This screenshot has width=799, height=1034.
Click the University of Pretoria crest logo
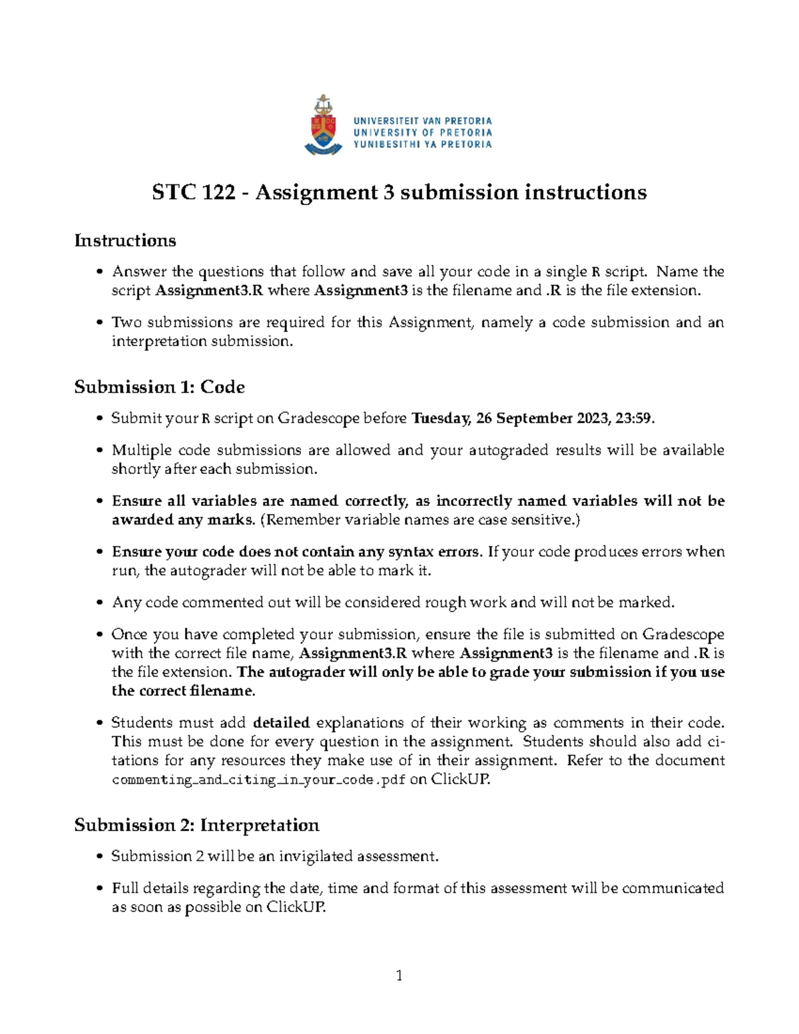[x=324, y=125]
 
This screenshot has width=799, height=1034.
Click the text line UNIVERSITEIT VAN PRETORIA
[x=422, y=121]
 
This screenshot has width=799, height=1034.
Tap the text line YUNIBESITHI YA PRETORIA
[x=422, y=144]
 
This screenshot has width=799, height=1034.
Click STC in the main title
[x=174, y=192]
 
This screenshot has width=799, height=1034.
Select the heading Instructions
[x=125, y=240]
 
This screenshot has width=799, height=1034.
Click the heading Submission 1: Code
[x=159, y=387]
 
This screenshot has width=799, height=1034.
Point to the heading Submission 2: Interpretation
[x=196, y=825]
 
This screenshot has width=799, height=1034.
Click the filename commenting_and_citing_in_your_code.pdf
[x=258, y=780]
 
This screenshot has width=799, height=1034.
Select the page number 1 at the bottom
[x=399, y=975]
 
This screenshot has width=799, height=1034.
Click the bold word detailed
[x=282, y=722]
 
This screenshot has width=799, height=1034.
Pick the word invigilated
[x=316, y=856]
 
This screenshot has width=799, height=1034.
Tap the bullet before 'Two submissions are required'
[x=100, y=323]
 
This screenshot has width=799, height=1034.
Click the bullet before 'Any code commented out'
[x=100, y=603]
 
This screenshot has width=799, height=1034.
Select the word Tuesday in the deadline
[x=441, y=418]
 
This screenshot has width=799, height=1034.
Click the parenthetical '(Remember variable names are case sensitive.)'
[x=420, y=520]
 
